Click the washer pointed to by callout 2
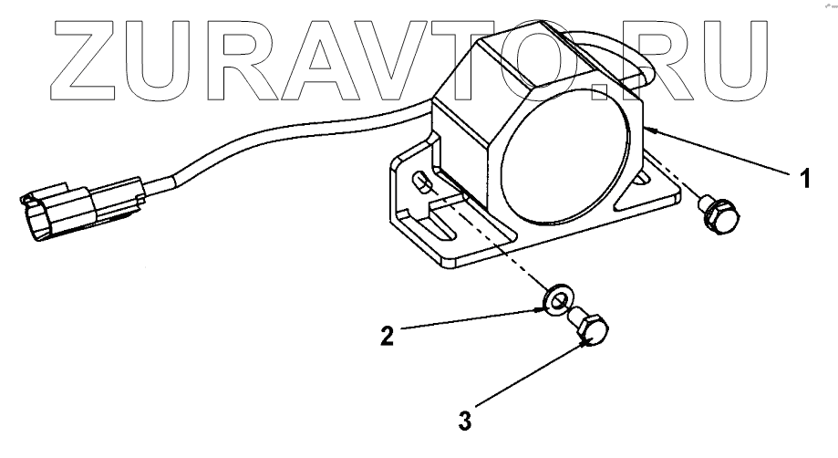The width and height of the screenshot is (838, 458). tap(555, 297)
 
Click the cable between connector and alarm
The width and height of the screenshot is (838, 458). tap(274, 137)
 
